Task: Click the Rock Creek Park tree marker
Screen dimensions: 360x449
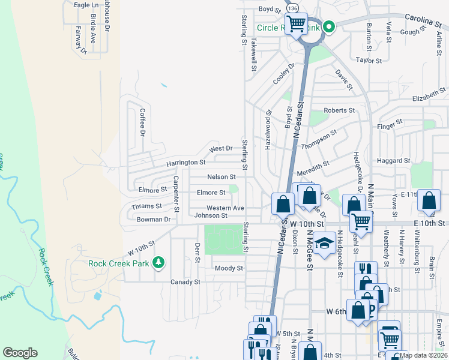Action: pyautogui.click(x=158, y=262)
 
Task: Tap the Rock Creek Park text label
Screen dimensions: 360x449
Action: pyautogui.click(x=120, y=263)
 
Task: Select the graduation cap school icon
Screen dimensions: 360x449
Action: pyautogui.click(x=324, y=243)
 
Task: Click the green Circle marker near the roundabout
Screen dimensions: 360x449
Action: pyautogui.click(x=329, y=27)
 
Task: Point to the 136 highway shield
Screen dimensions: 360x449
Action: pyautogui.click(x=292, y=10)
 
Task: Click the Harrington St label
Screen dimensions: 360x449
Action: pyautogui.click(x=186, y=163)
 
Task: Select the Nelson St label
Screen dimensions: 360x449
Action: pyautogui.click(x=221, y=177)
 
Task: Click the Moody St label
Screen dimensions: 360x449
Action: pyautogui.click(x=229, y=268)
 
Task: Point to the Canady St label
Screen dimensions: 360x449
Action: pyautogui.click(x=185, y=281)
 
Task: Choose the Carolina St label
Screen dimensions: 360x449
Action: pyautogui.click(x=426, y=20)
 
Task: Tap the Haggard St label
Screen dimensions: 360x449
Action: pyautogui.click(x=393, y=161)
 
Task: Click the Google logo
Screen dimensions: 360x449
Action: pyautogui.click(x=20, y=353)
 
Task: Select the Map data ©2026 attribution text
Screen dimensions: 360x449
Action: pyautogui.click(x=424, y=355)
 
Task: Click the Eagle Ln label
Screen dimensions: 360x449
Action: pyautogui.click(x=85, y=5)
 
